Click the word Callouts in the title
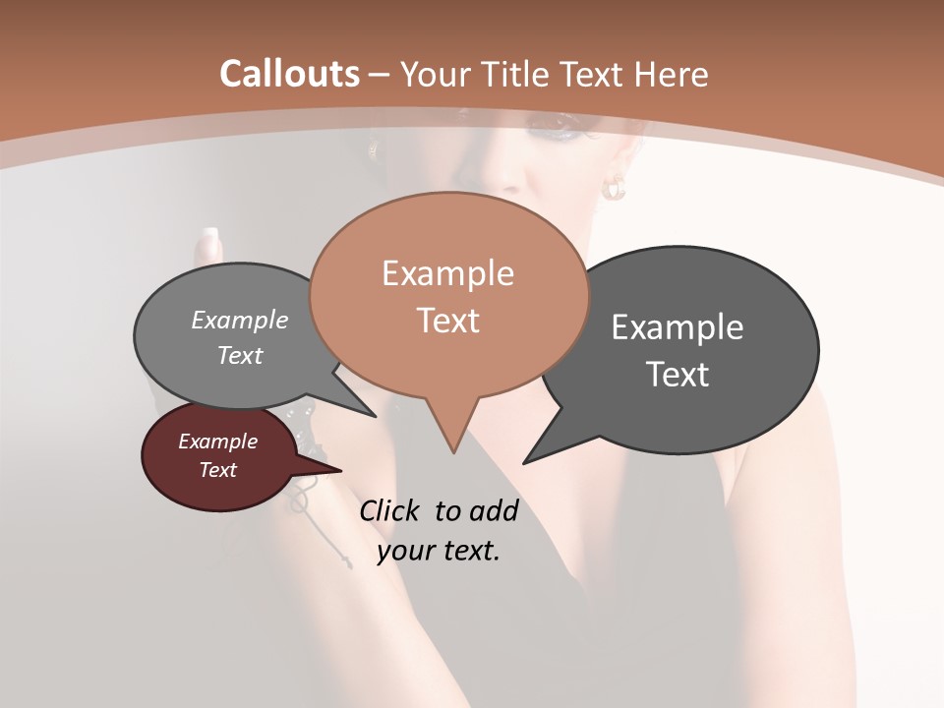tap(289, 74)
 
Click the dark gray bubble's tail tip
tap(524, 462)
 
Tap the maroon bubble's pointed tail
tap(339, 470)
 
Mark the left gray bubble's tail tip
tap(375, 416)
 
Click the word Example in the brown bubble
tap(447, 273)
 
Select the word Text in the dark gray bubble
tap(678, 375)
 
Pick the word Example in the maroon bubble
tap(217, 442)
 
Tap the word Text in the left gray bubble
tap(240, 356)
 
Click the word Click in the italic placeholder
tap(390, 510)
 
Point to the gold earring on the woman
tap(614, 187)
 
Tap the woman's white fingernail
tap(207, 240)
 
